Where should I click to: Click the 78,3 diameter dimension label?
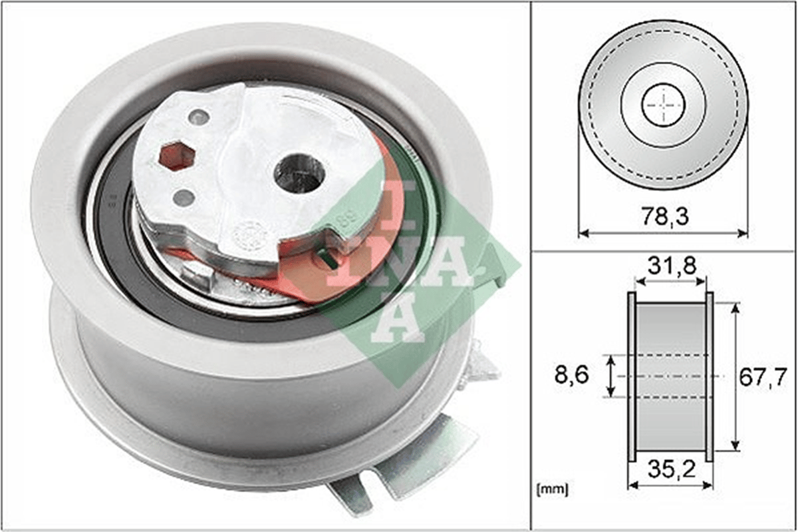665,217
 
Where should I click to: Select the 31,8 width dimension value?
672,266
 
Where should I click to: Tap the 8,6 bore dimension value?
572,375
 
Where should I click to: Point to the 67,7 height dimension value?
762,377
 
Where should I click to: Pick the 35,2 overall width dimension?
672,469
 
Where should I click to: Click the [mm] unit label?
553,489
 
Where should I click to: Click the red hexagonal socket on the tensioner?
177,157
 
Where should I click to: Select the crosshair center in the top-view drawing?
664,105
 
